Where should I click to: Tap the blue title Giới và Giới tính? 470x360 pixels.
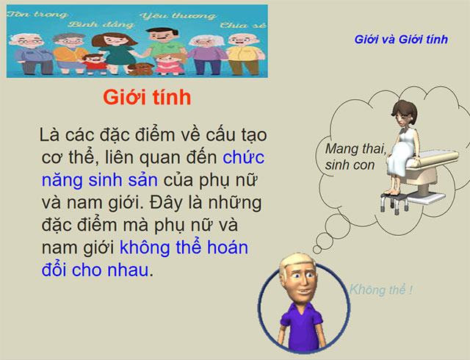click(400, 39)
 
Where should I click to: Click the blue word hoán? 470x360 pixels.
click(223, 247)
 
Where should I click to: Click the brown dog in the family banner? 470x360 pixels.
click(138, 68)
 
